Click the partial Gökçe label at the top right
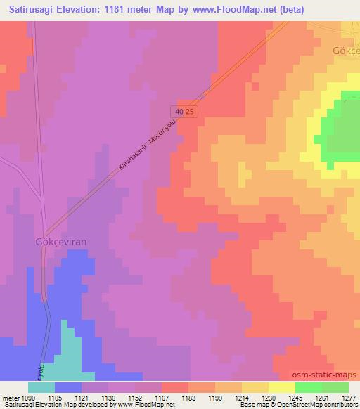pos(345,52)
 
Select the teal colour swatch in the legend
pos(41,387)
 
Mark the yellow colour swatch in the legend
pos(281,387)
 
